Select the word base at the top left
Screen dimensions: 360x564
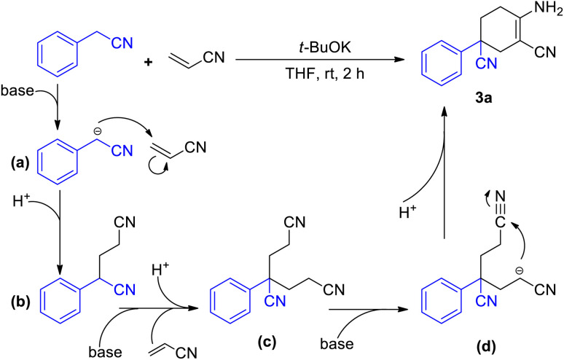(x=16, y=93)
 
